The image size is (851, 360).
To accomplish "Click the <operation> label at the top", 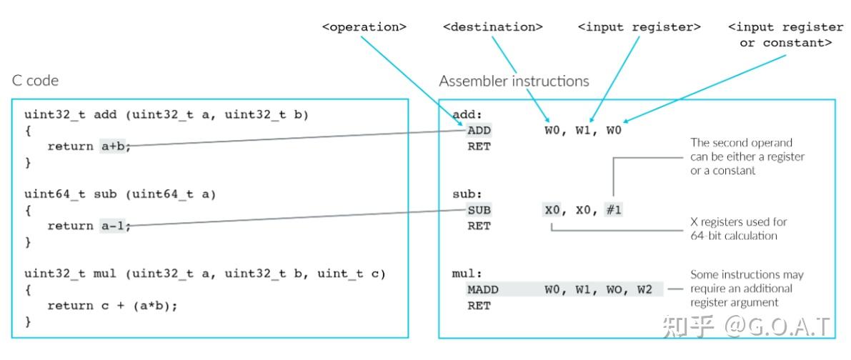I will click(x=364, y=27).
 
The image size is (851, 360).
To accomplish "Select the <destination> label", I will click(x=492, y=27).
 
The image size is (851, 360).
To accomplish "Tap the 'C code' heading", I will click(x=35, y=81).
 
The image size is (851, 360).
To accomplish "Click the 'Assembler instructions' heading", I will click(x=514, y=81).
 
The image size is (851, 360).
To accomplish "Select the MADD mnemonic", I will click(x=483, y=289).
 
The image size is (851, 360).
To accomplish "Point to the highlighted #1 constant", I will click(x=612, y=210).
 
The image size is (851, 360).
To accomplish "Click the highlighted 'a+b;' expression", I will click(x=116, y=146).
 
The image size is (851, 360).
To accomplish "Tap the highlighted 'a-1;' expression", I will click(x=116, y=226).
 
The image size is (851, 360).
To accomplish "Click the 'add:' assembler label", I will click(x=467, y=114).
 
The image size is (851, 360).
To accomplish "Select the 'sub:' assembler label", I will click(x=467, y=194).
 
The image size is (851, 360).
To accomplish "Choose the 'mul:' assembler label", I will click(x=467, y=273).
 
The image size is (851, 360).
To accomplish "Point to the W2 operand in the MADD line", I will click(x=646, y=289).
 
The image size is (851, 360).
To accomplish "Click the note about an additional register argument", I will click(x=746, y=289).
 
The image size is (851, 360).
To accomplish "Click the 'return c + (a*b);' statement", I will click(x=112, y=305).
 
